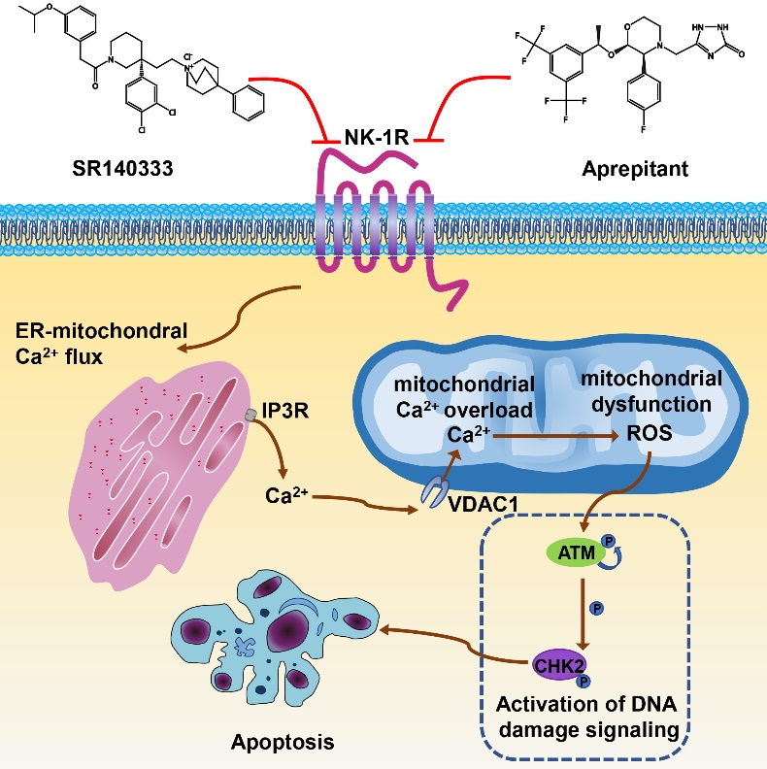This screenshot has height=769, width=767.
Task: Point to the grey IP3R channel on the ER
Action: click(x=251, y=414)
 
